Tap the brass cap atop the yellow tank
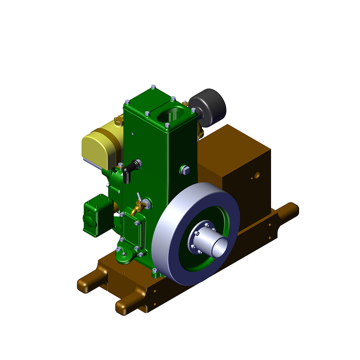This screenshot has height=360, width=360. tap(119, 121)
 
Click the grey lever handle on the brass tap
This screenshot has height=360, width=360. tap(139, 197)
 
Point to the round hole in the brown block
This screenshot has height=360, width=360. tap(257, 175)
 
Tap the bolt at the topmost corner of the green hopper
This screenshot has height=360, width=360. tap(153, 87)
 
